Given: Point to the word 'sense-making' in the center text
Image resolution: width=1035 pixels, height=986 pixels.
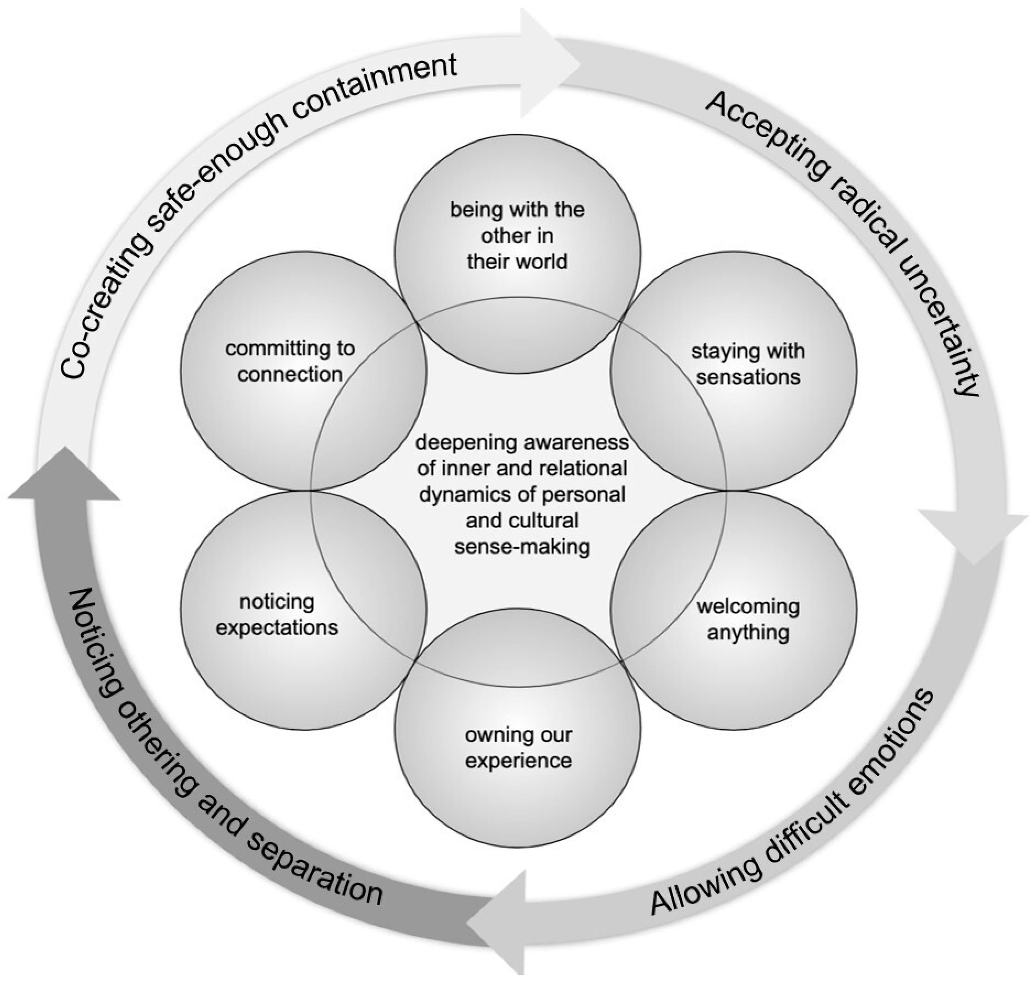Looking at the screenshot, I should [x=522, y=547].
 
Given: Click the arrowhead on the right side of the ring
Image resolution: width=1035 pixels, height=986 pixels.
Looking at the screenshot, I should [x=972, y=536].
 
